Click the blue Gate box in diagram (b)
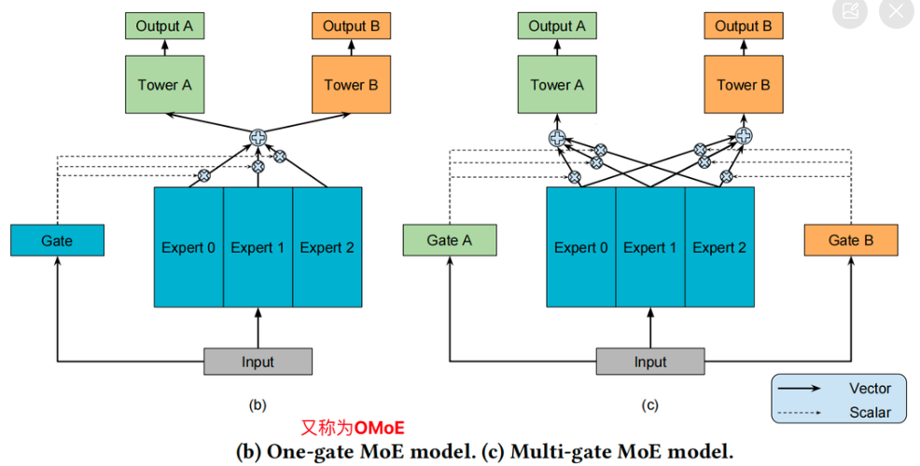click(x=57, y=240)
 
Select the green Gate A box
click(x=450, y=240)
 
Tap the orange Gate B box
click(x=851, y=240)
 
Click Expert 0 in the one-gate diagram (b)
click(x=188, y=247)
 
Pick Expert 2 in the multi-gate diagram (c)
click(x=719, y=247)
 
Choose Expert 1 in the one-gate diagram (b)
click(x=258, y=247)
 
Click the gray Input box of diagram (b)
click(x=258, y=362)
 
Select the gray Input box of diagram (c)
click(x=650, y=362)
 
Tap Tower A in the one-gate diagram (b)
click(x=164, y=85)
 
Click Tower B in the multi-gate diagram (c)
click(x=744, y=85)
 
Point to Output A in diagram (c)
click(x=557, y=26)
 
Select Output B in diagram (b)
click(x=352, y=26)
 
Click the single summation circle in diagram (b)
click(x=258, y=138)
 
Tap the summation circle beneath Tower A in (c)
click(x=557, y=138)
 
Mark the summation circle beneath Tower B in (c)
click(x=744, y=136)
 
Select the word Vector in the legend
click(x=870, y=389)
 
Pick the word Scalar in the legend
click(x=870, y=412)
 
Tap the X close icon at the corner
click(x=896, y=11)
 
